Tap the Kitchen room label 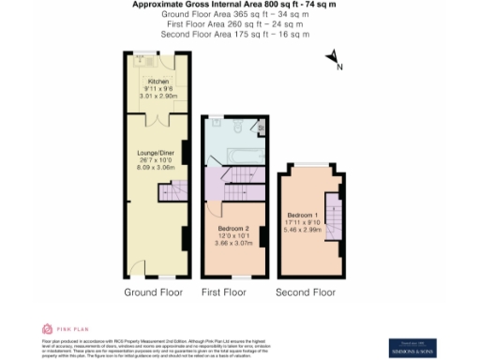pyautogui.click(x=145, y=82)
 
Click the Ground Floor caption pyautogui.click(x=152, y=292)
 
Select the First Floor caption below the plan pyautogui.click(x=224, y=292)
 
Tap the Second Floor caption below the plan pyautogui.click(x=305, y=292)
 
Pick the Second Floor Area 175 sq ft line pyautogui.click(x=235, y=35)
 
